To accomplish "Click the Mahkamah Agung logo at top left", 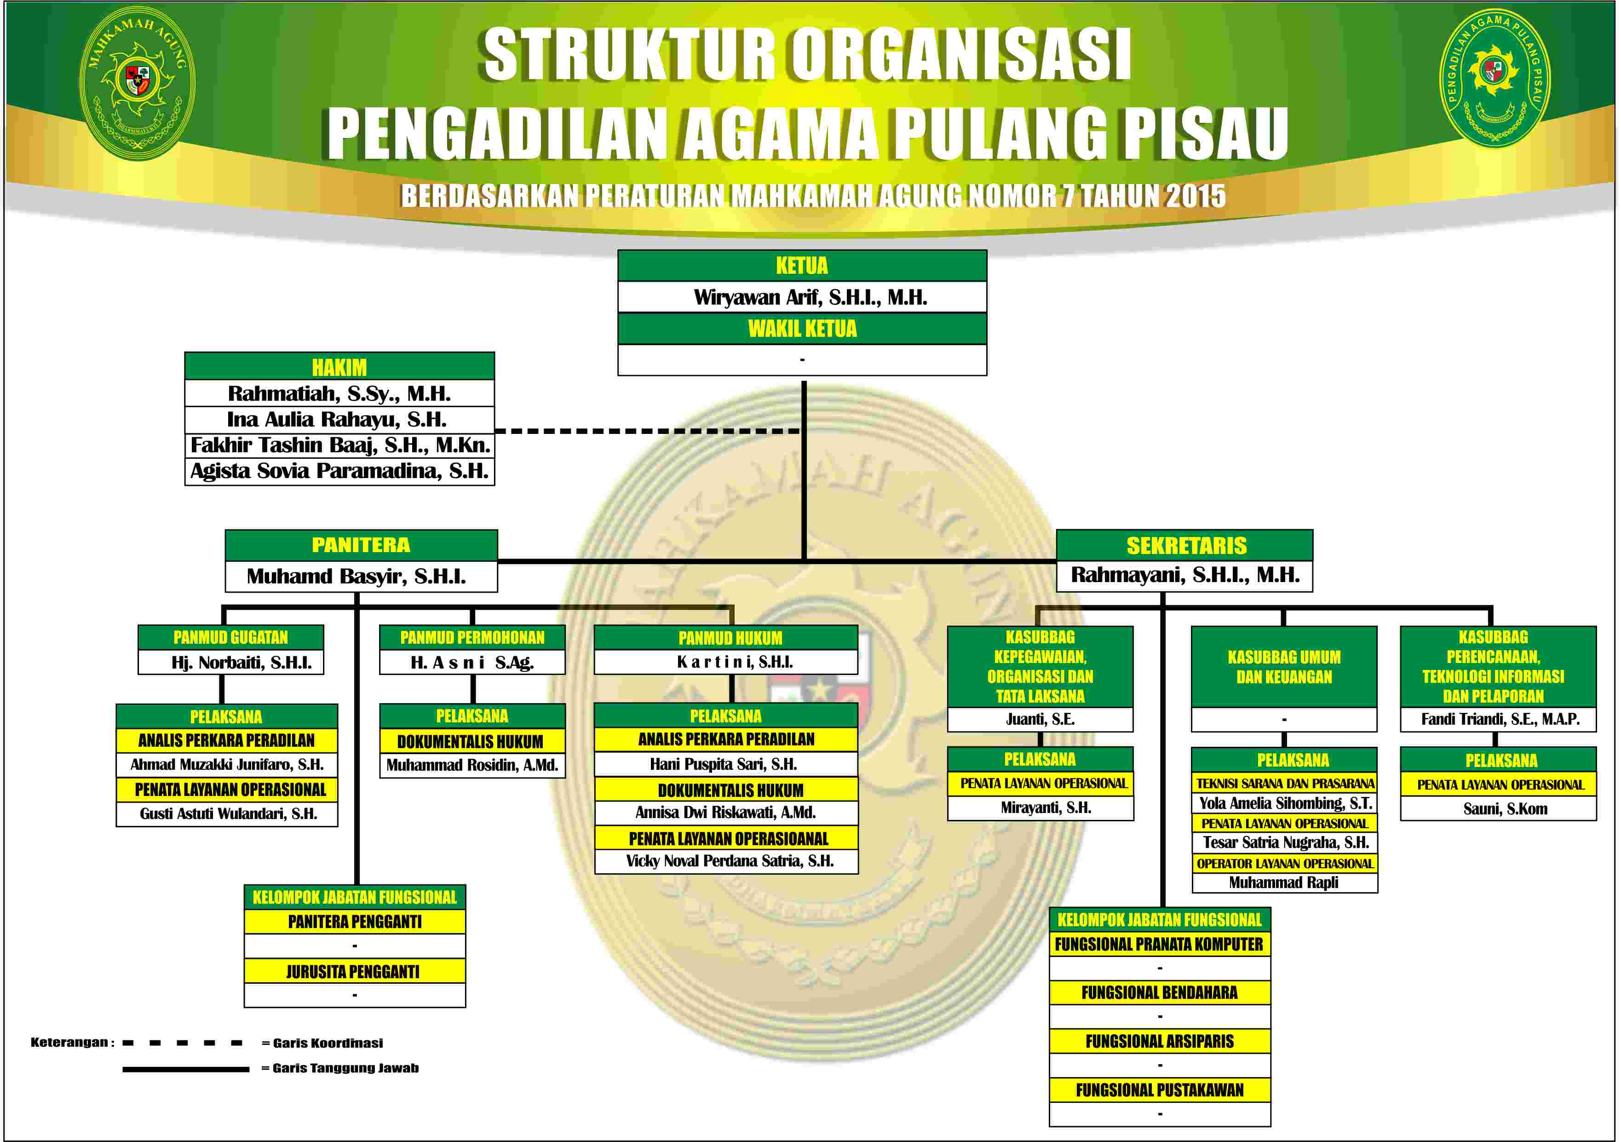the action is (x=137, y=83).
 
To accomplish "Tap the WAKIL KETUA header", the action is (x=802, y=329).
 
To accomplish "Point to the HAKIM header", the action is (x=339, y=367).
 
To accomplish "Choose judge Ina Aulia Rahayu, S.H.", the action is (x=337, y=420).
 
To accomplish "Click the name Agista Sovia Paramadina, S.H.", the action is (x=339, y=471).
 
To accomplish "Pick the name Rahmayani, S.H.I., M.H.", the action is (x=1184, y=575).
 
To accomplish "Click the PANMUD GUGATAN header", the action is (x=231, y=637).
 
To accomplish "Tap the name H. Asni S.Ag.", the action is (x=472, y=663).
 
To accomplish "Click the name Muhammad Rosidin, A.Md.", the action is (x=472, y=765).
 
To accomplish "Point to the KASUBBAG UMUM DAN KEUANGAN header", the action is (x=1284, y=667).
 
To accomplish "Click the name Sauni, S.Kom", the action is (x=1505, y=809).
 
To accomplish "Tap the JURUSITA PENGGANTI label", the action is (x=353, y=972).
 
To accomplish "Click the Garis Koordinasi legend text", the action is (x=322, y=1043).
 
